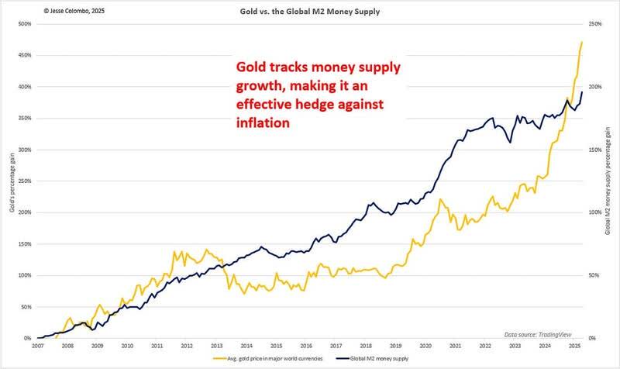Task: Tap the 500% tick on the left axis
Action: (x=23, y=24)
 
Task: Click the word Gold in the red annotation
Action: (x=253, y=67)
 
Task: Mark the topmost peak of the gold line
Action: (x=582, y=42)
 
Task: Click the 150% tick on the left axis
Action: (x=23, y=243)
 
